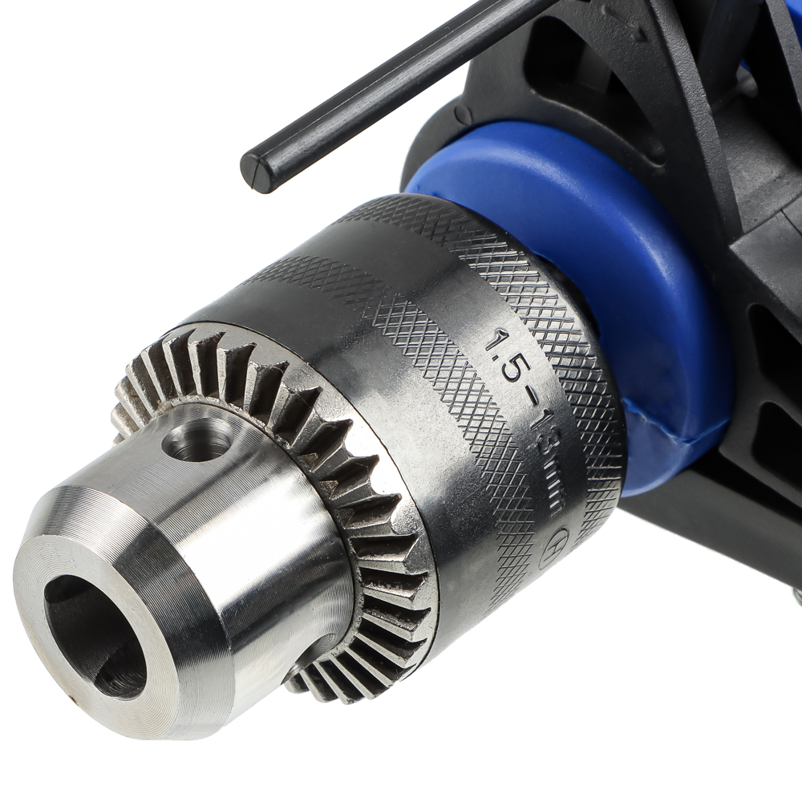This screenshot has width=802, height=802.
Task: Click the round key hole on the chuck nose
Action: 196,440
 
